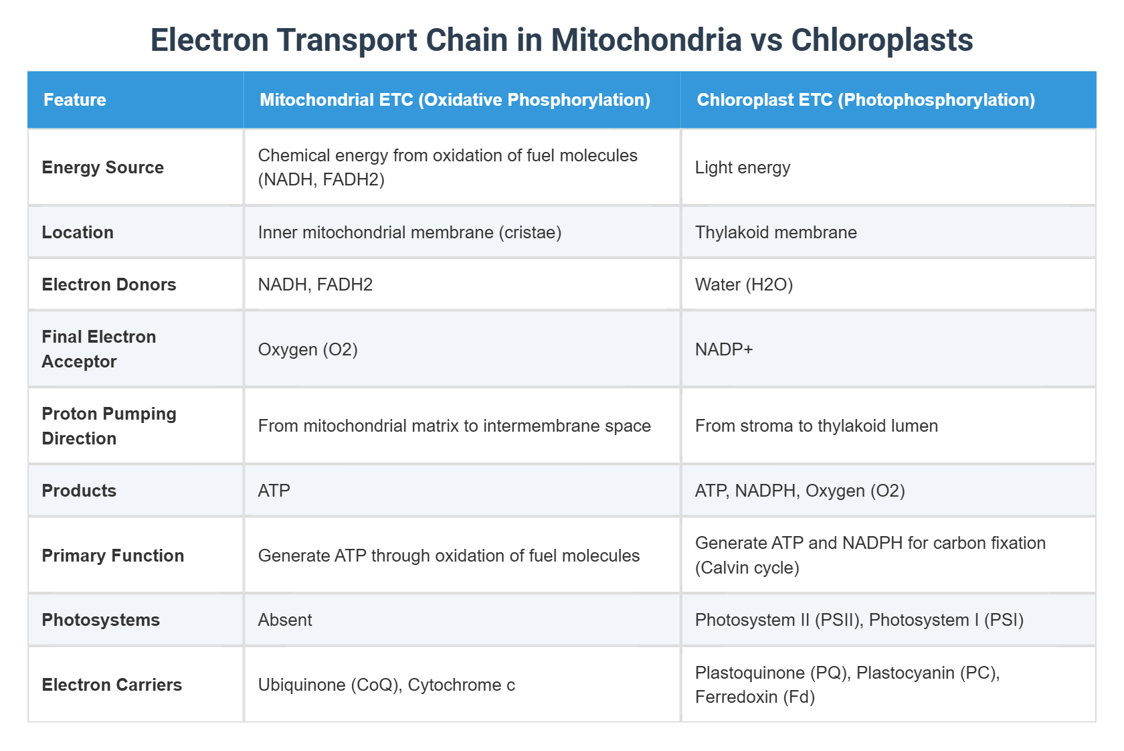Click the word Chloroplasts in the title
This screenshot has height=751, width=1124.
(x=882, y=40)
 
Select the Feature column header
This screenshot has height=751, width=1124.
(x=75, y=100)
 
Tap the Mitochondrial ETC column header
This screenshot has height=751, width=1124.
(x=455, y=100)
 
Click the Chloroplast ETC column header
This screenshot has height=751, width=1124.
(x=866, y=100)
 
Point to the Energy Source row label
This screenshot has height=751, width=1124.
(x=103, y=167)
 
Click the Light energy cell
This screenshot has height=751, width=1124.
(x=743, y=167)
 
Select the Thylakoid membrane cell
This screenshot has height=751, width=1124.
(x=776, y=232)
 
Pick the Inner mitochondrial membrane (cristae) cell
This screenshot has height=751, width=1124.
(x=409, y=232)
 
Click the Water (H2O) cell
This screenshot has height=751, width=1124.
(x=744, y=284)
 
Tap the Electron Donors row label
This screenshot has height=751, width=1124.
(x=109, y=284)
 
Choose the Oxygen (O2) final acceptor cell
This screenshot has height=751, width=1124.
(x=308, y=349)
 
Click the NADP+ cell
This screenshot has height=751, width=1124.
(x=724, y=349)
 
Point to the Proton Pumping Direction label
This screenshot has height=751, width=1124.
(x=109, y=426)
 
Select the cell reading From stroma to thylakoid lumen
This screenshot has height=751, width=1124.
(x=816, y=426)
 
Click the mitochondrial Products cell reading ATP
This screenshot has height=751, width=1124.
(x=274, y=491)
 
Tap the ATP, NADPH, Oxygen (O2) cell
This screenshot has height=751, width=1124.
(x=800, y=491)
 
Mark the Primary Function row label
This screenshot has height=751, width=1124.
(x=113, y=556)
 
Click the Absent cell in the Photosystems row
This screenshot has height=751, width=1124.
(x=285, y=620)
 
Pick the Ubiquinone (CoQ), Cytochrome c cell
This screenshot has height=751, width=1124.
(x=387, y=685)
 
